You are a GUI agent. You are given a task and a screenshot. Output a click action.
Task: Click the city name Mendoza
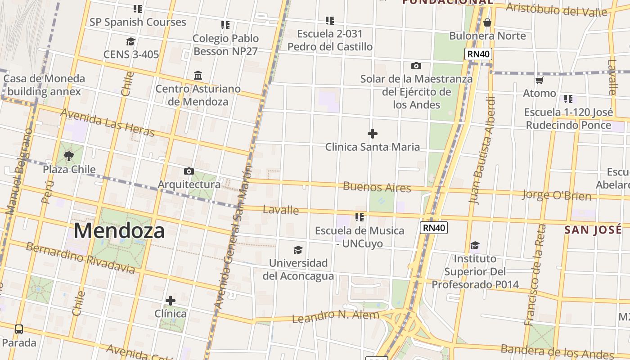point(119,231)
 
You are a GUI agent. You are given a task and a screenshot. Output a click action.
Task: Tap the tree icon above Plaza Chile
point(69,156)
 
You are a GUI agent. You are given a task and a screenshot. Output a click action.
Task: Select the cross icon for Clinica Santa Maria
point(373,134)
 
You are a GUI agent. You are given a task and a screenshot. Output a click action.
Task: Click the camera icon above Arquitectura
point(189,171)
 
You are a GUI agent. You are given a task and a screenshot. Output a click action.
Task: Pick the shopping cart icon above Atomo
point(539,80)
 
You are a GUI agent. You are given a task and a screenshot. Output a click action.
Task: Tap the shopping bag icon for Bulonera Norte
point(487,22)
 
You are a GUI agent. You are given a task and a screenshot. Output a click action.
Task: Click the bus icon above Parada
point(19,329)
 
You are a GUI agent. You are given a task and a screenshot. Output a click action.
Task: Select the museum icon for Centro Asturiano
point(198,75)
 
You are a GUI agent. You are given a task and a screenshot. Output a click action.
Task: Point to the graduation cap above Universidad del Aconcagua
point(298,250)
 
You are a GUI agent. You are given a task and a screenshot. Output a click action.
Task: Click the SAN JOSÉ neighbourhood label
point(593,230)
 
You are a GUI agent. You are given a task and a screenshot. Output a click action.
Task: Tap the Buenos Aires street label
point(377,187)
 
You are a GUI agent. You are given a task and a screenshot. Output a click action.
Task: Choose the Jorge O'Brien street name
point(557,195)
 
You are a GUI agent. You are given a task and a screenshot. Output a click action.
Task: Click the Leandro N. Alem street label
point(336,316)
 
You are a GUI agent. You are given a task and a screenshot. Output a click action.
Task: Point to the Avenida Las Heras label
point(107,122)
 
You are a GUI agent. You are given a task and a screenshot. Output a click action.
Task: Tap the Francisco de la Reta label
point(535,274)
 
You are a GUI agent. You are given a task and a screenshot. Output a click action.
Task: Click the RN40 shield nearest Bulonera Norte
point(479,54)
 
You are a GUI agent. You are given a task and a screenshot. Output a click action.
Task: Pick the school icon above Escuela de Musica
point(359,217)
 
